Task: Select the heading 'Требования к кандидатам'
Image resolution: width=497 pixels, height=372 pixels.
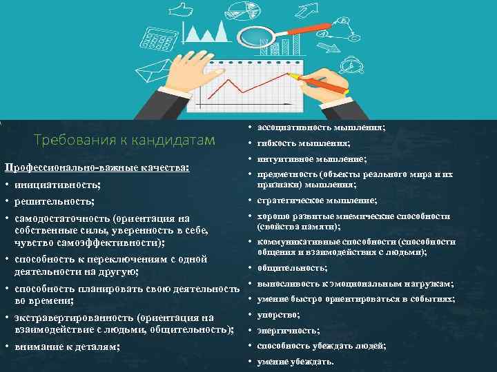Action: [x=125, y=141]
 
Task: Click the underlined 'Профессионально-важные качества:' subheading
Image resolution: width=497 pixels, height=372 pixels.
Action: [x=97, y=168]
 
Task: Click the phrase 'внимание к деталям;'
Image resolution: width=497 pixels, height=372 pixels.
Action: [x=68, y=347]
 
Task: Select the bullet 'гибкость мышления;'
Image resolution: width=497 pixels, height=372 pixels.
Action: [x=304, y=144]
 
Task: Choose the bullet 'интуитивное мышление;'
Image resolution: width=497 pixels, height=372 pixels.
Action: [x=311, y=160]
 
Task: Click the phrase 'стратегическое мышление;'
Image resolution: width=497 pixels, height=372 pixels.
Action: [x=317, y=200]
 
